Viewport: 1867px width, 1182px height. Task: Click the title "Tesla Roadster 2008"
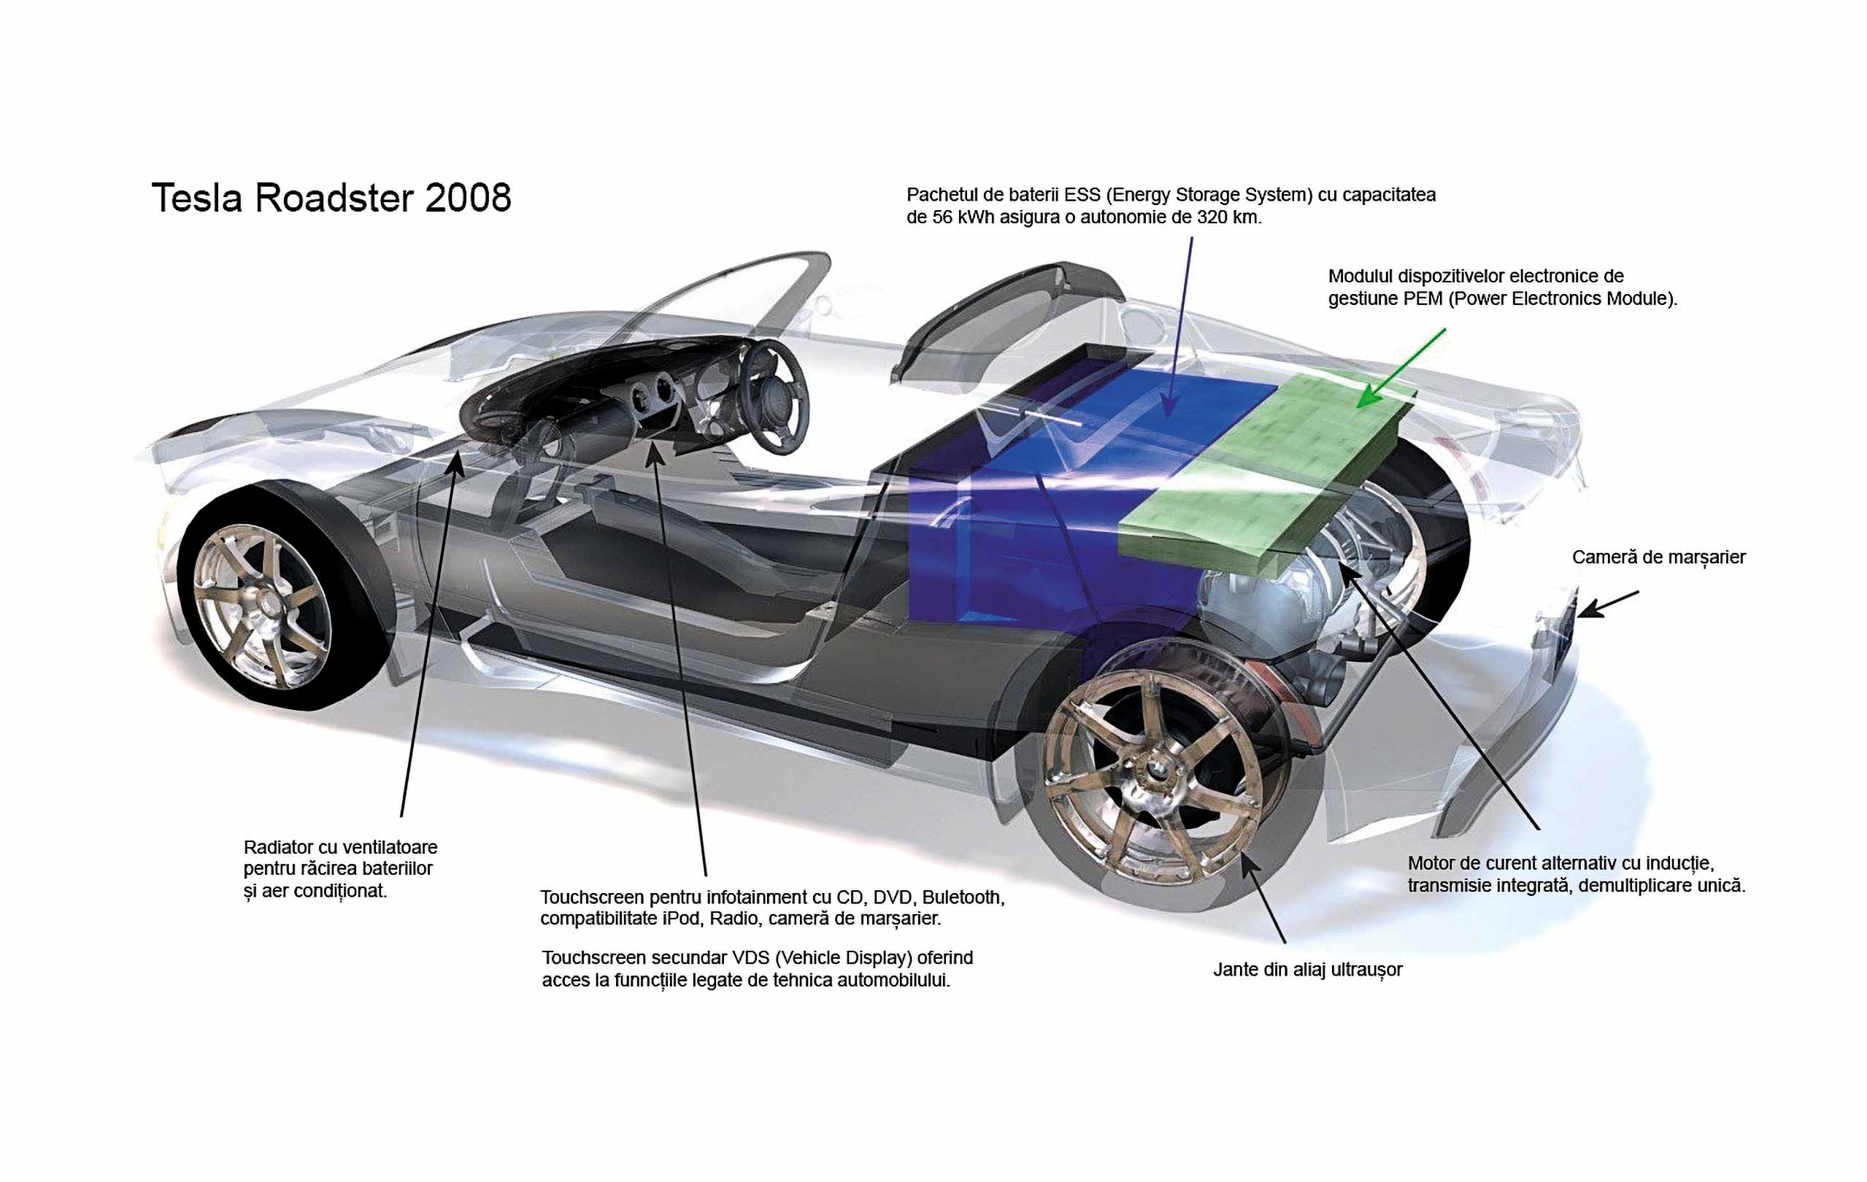point(331,198)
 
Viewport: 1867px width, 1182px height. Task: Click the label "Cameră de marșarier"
point(1658,557)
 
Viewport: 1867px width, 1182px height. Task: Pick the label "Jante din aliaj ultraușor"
point(1308,970)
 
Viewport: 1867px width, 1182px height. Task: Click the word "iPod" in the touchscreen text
point(682,919)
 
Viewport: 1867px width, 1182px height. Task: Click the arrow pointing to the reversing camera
point(1608,605)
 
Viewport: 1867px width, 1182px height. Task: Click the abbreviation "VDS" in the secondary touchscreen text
point(750,958)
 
